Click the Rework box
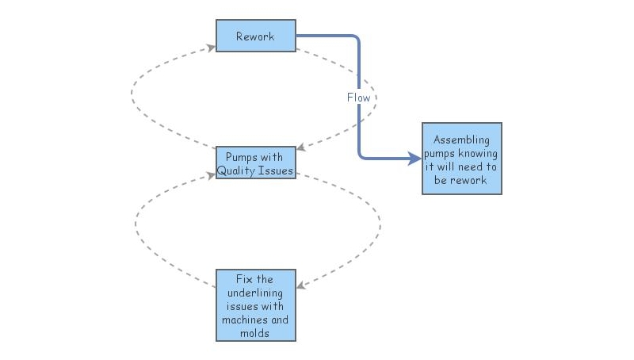click(x=255, y=36)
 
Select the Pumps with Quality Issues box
click(x=255, y=163)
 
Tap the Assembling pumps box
click(x=461, y=158)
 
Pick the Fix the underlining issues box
click(x=255, y=305)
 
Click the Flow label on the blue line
click(x=358, y=98)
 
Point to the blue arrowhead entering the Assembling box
click(x=415, y=159)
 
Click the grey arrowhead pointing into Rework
click(x=211, y=48)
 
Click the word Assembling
click(x=461, y=140)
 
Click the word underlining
click(x=255, y=293)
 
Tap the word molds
click(x=255, y=333)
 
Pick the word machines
click(x=255, y=320)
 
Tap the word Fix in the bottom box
click(x=244, y=279)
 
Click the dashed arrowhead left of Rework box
click(x=211, y=48)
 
